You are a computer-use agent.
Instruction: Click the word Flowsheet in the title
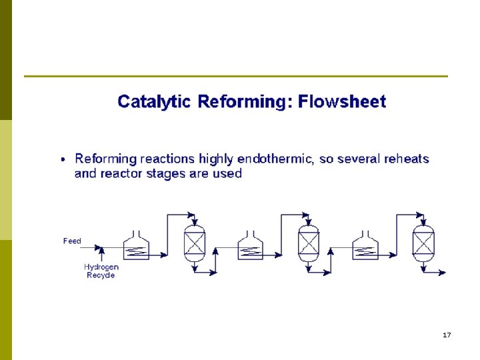point(341,102)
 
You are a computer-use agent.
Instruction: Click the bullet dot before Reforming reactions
point(63,160)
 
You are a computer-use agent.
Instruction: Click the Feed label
point(72,241)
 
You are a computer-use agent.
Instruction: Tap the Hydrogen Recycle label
point(101,271)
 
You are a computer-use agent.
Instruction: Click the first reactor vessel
point(194,241)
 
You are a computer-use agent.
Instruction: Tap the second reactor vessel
point(308,241)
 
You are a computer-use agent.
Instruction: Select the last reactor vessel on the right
point(423,241)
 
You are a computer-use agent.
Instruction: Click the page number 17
point(446,335)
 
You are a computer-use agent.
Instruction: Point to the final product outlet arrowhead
point(443,272)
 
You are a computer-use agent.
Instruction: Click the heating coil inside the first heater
point(137,251)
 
